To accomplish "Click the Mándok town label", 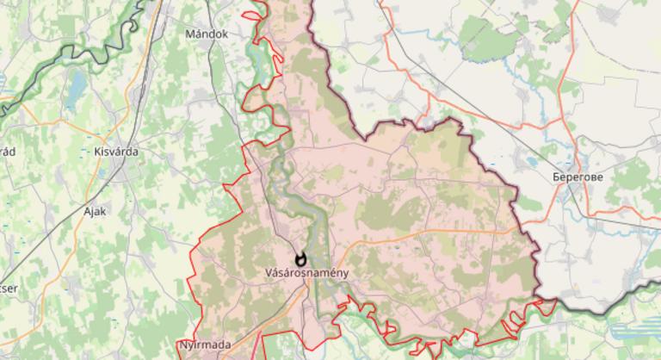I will point(207,34).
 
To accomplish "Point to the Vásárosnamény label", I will point(300,273).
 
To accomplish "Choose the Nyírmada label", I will point(205,344).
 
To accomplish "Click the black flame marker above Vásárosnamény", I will point(300,258).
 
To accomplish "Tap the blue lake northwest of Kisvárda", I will point(77,86).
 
